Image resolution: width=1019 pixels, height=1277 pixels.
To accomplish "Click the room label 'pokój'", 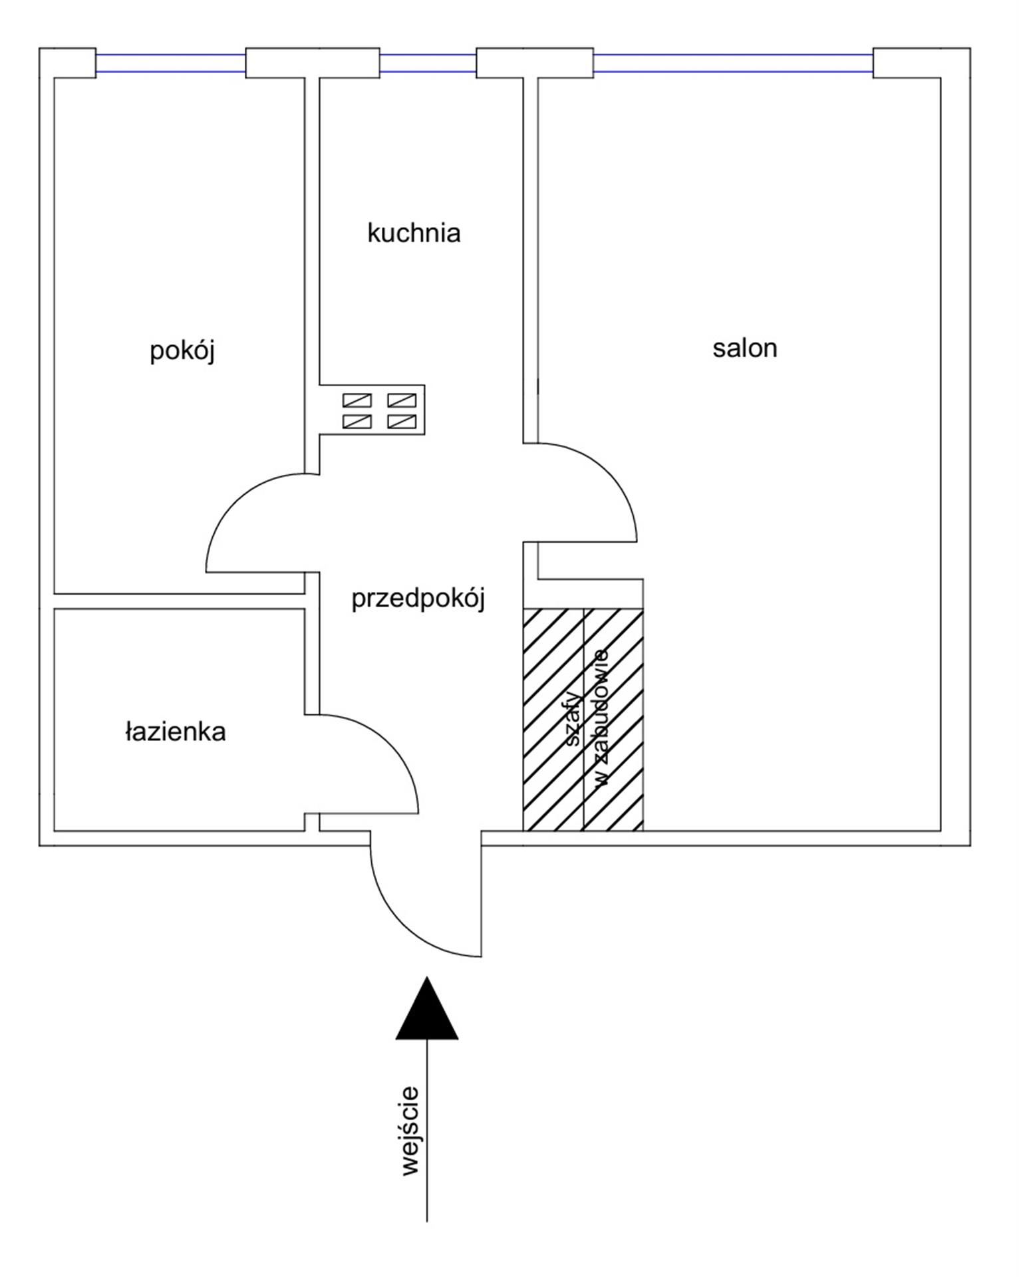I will click(182, 351).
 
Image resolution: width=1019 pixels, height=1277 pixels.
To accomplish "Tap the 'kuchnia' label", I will click(414, 233).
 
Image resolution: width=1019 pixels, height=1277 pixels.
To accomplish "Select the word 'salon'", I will click(744, 348).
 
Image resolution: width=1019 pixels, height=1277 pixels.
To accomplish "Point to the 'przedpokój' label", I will click(418, 598).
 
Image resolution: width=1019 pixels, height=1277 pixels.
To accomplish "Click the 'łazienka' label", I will click(176, 732).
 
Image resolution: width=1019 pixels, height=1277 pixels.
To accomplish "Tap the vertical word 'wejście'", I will click(410, 1131).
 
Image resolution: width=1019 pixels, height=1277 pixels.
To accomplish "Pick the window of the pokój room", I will click(171, 63).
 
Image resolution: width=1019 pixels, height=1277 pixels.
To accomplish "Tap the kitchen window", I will click(428, 63).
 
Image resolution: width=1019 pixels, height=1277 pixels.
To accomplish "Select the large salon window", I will click(732, 63).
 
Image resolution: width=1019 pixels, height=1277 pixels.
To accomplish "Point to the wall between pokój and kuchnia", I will click(312, 233).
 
